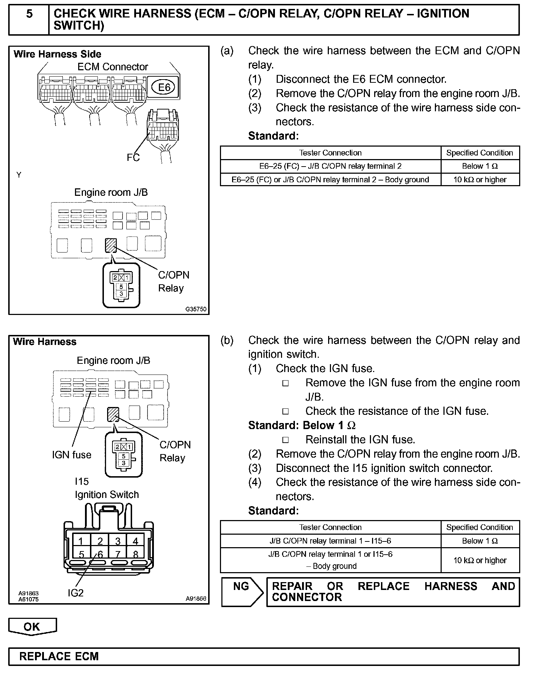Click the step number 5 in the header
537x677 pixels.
tap(29, 14)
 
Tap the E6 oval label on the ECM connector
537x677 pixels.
tap(164, 87)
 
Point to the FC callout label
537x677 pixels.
tap(133, 158)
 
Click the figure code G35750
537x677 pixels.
tap(196, 309)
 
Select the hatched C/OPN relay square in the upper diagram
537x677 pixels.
tap(111, 245)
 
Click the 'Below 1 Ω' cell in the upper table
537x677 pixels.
tap(480, 166)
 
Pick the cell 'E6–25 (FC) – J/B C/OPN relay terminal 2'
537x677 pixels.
tap(330, 166)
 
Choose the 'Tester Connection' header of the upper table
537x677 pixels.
tap(330, 153)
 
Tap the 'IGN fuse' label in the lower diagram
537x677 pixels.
tap(71, 455)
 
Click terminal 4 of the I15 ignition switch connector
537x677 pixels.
tap(135, 541)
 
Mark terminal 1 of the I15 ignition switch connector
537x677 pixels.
tap(81, 541)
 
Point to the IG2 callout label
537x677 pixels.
tap(75, 593)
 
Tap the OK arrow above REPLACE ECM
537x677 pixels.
tap(32, 627)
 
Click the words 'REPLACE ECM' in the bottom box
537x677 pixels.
tap(59, 657)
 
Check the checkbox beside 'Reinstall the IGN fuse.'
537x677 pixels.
tap(285, 440)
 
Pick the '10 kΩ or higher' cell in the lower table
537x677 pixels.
tap(480, 560)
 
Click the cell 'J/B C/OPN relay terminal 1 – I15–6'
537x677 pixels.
tap(330, 541)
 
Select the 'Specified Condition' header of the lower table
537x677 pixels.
tap(480, 528)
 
